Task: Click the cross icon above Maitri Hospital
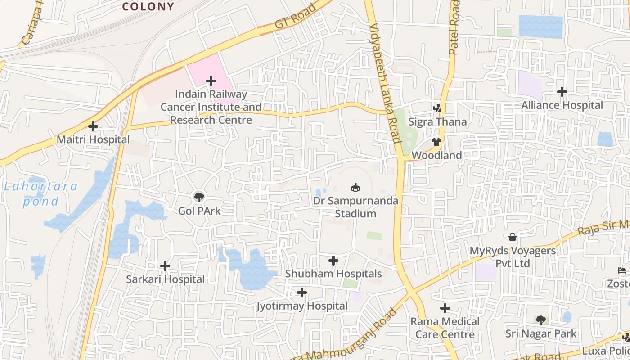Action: coord(93,126)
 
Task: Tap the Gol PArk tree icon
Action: coord(199,197)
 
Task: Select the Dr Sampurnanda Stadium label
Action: coord(355,207)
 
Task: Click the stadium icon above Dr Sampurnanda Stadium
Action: coord(355,187)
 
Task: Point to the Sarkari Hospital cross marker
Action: coord(165,266)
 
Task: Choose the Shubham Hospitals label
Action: coord(333,274)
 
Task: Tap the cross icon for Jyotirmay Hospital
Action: coord(302,293)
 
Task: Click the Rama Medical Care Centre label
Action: coord(445,328)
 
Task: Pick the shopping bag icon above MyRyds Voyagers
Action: coord(512,237)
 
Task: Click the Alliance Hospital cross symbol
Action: coord(562,92)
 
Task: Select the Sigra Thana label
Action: coord(437,122)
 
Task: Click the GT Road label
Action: coord(295,17)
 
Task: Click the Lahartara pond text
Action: coord(40,193)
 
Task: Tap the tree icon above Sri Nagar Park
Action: coord(541,320)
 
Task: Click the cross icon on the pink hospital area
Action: coord(211,81)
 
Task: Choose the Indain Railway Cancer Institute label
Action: coord(211,107)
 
